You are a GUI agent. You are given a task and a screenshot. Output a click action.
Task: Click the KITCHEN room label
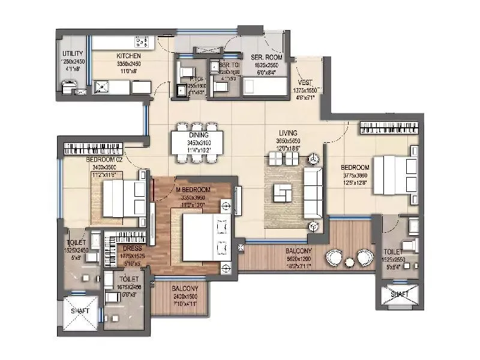[x=128, y=56]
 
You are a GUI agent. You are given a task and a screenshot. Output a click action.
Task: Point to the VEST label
[x=304, y=83]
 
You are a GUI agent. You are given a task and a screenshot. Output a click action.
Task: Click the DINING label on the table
[x=198, y=135]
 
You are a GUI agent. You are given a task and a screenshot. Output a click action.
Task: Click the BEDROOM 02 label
[x=104, y=159]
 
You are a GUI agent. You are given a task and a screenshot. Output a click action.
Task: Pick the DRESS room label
[x=132, y=247]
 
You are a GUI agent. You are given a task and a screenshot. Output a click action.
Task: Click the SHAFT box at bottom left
[x=80, y=311]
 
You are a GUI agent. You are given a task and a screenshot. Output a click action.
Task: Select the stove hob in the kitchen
[x=142, y=42]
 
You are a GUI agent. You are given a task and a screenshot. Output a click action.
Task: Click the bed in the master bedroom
[x=203, y=239]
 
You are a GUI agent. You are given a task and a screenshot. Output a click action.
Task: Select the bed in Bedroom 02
[x=123, y=199]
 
